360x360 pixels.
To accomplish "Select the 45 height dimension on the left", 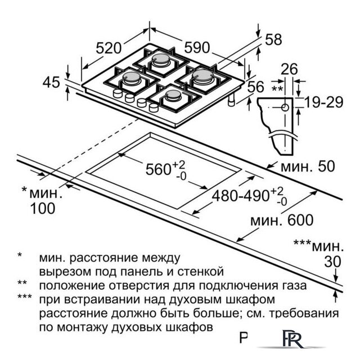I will (x=51, y=82).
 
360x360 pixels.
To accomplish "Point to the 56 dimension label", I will (x=256, y=87).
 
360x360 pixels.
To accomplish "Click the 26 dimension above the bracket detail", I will (x=289, y=69).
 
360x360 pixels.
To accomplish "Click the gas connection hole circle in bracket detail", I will (x=285, y=106).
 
